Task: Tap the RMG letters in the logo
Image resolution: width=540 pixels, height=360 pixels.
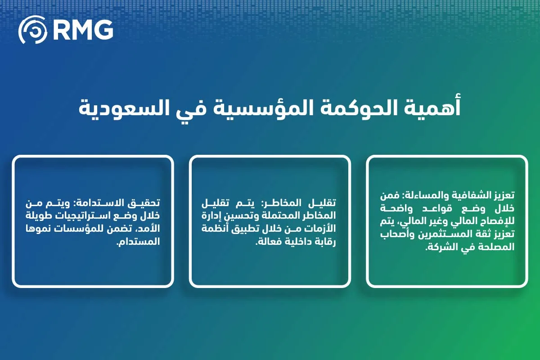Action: pos(82,30)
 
